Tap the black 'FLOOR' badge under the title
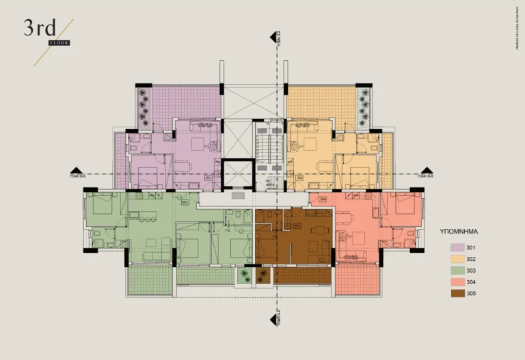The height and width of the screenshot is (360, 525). click(x=59, y=43)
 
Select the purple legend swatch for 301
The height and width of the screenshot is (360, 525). click(x=457, y=247)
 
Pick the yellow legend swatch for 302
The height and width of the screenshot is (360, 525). click(x=457, y=259)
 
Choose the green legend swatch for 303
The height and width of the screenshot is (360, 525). click(x=457, y=271)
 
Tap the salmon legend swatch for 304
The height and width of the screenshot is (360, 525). click(x=457, y=282)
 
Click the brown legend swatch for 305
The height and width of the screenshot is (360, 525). click(x=457, y=294)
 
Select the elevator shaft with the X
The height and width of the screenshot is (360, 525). click(x=238, y=173)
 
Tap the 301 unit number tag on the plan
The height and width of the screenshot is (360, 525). click(x=208, y=178)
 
